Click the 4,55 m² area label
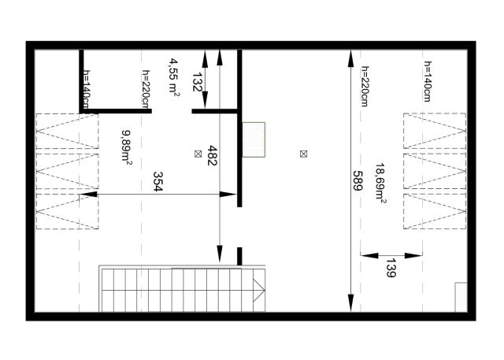174,77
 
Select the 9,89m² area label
127,147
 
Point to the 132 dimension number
197,82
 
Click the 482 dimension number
212,155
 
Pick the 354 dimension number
157,182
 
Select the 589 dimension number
358,180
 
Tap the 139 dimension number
391,267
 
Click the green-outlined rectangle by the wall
254,139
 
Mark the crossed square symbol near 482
198,154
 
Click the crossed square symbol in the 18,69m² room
303,154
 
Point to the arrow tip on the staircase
265,290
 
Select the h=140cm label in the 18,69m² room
427,81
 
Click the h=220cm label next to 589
365,86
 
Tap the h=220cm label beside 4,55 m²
146,90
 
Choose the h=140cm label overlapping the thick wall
87,90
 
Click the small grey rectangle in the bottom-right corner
461,297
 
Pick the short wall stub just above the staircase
239,256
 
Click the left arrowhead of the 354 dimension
88,194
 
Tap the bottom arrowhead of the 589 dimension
351,302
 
